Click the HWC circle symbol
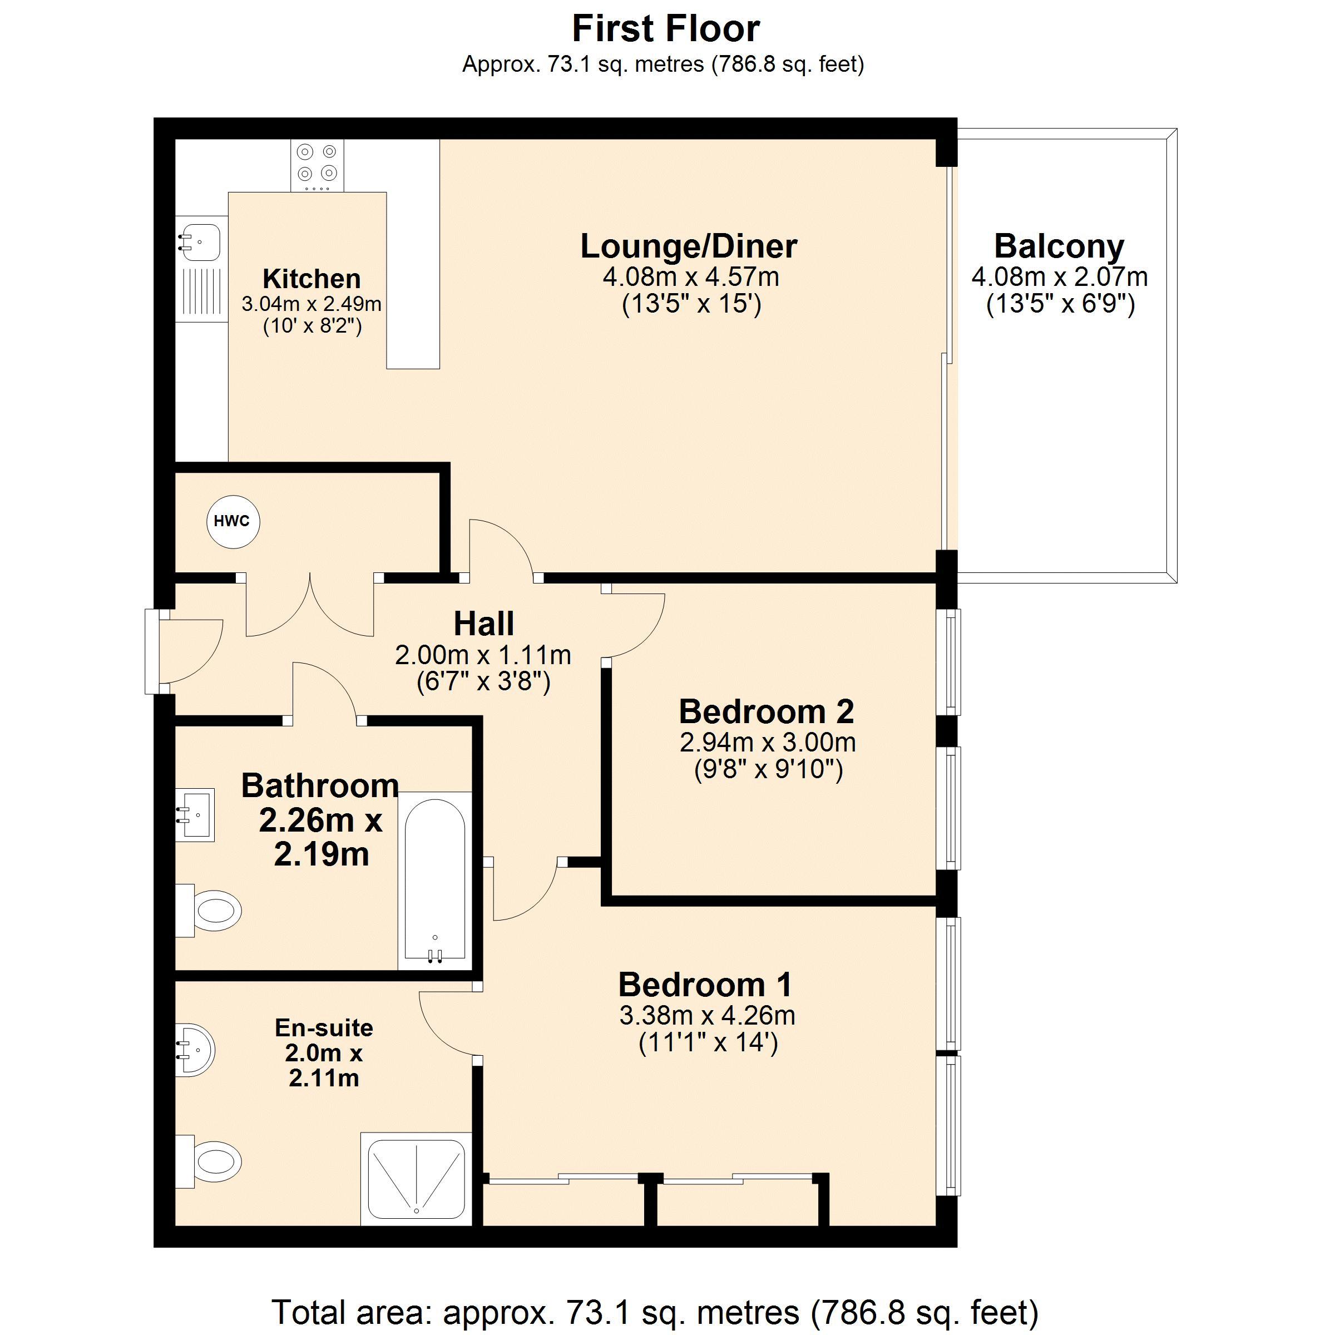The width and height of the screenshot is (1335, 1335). point(233,522)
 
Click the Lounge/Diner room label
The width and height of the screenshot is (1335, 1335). point(688,246)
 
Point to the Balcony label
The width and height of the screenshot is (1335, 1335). point(1059,246)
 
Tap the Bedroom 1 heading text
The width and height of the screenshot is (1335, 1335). point(705,985)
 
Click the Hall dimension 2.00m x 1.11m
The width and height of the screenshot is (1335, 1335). point(483,654)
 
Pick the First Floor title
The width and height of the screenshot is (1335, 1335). point(666,29)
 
